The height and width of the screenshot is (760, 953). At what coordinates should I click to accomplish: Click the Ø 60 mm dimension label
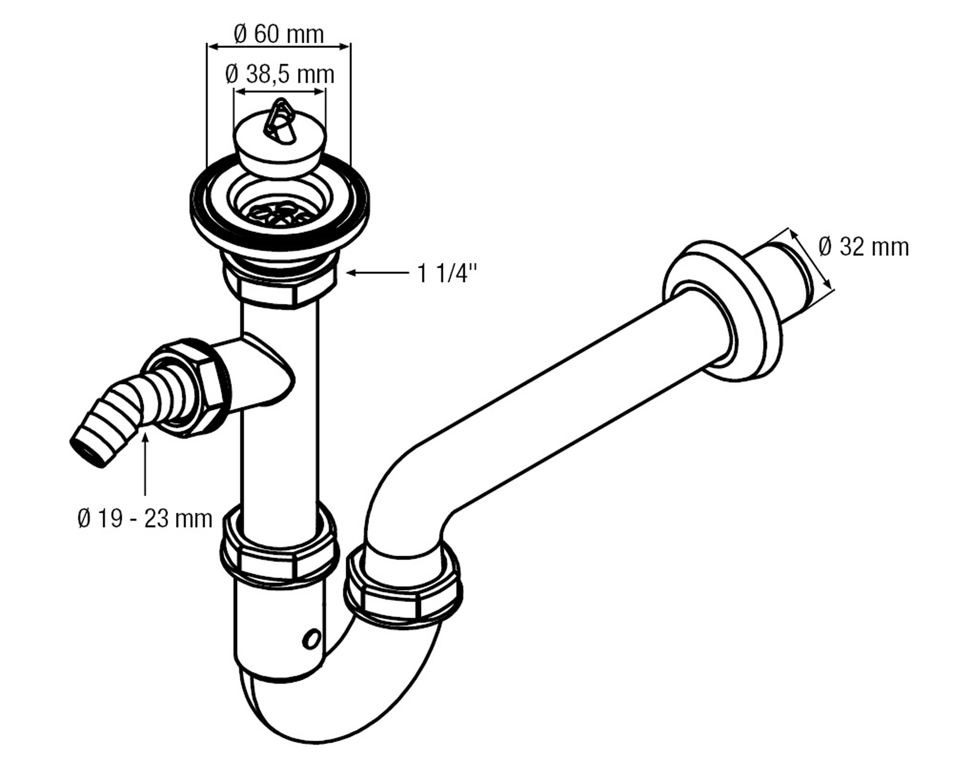(278, 35)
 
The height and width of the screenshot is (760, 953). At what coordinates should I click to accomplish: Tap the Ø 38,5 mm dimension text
(280, 75)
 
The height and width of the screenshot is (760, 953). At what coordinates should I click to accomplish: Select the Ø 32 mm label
(863, 247)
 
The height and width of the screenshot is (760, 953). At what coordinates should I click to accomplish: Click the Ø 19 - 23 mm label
(145, 518)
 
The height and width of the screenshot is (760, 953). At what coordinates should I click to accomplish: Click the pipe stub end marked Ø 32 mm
(791, 283)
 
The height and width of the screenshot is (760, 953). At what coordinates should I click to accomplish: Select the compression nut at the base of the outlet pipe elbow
(403, 595)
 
